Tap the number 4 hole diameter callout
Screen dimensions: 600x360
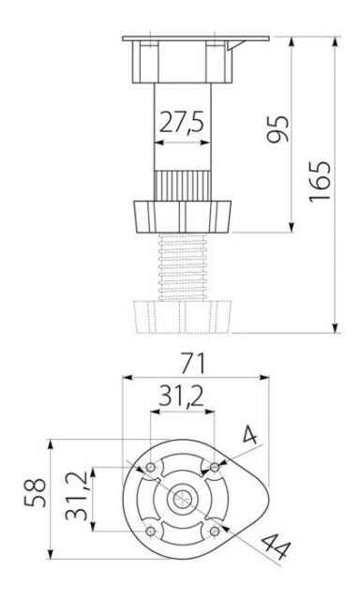click(250, 435)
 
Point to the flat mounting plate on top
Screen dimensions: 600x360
click(195, 39)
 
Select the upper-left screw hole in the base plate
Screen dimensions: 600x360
click(150, 466)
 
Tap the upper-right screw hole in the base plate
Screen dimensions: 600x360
click(216, 466)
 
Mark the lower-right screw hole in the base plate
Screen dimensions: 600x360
click(216, 532)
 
